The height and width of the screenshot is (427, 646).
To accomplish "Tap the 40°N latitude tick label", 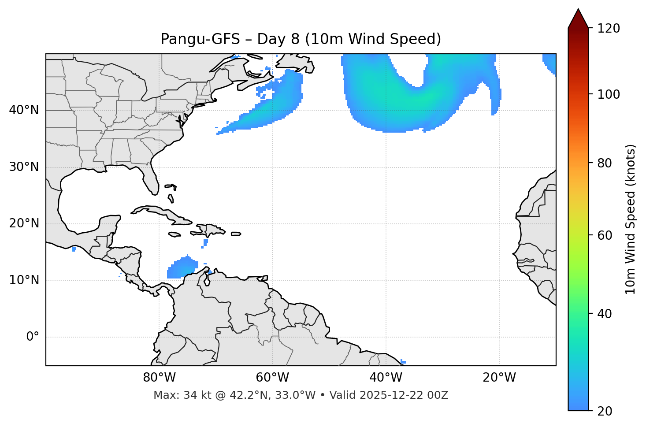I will [24, 110].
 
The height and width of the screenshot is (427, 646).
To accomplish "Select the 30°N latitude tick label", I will [24, 167].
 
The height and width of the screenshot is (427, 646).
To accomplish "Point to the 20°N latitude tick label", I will [24, 224].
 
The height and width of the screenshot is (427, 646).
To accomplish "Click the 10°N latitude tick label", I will [24, 280].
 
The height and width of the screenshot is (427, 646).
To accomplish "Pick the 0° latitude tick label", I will [33, 337].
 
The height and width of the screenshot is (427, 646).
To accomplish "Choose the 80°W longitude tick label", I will [159, 378].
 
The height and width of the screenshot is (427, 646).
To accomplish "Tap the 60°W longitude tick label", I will [272, 378].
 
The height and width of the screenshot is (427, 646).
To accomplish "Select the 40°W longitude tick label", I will [386, 378].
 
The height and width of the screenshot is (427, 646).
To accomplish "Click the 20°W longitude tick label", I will [499, 378].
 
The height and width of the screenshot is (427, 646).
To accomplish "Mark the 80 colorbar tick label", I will [605, 163].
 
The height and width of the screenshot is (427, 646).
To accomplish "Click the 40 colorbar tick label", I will [605, 314].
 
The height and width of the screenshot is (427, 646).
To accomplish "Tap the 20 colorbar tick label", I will [605, 411].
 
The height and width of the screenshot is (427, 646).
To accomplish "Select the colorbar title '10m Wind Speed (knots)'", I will [631, 219].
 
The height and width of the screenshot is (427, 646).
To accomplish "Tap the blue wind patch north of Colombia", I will [181, 269].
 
